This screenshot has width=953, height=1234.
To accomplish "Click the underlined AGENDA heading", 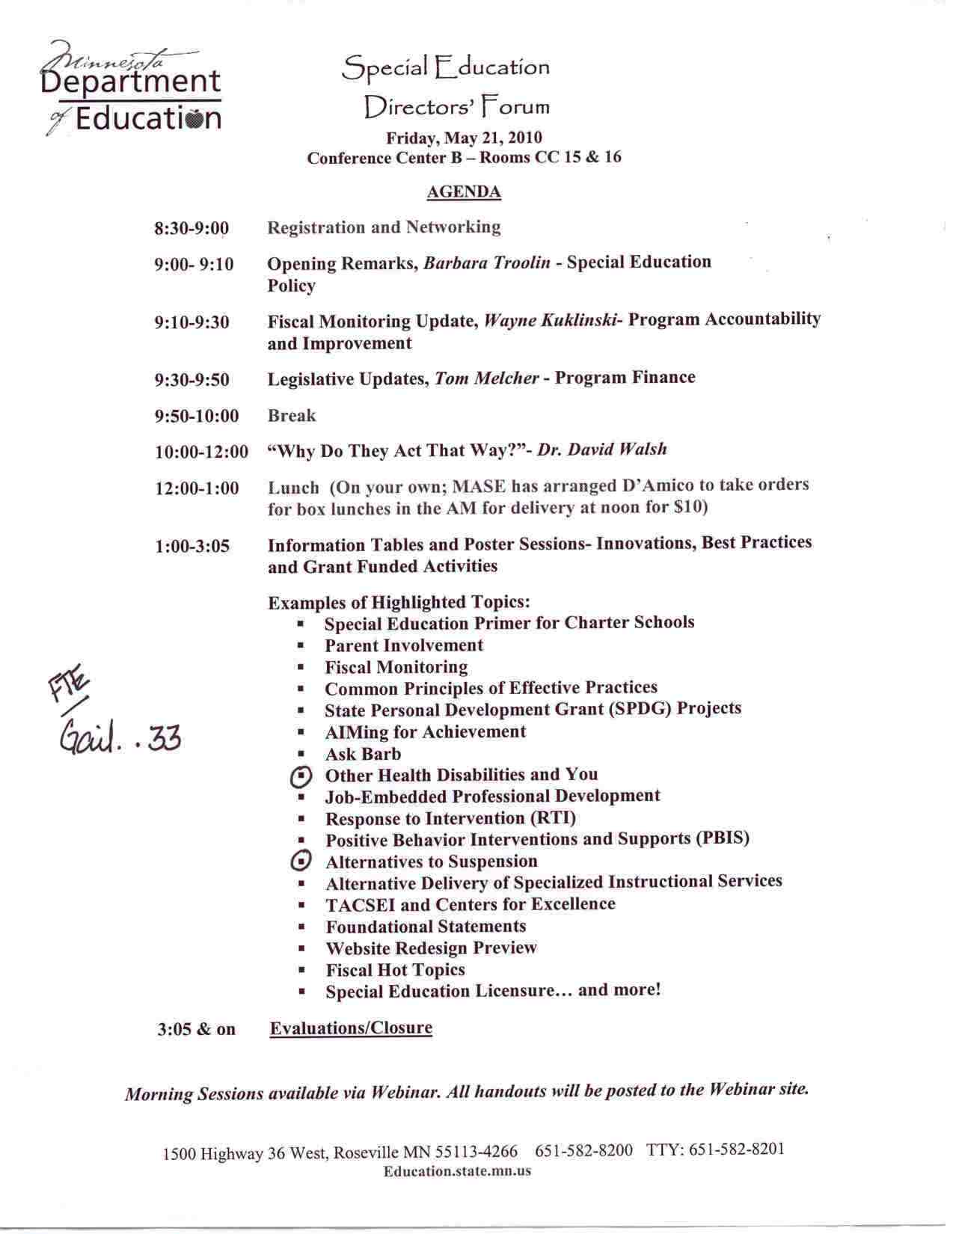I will pos(463,192).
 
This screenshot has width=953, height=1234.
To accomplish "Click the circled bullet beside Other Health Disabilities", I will pos(300,778).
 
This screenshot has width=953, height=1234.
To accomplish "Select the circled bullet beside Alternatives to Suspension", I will pos(300,862).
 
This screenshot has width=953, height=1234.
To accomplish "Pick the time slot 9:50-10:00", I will pos(197,417).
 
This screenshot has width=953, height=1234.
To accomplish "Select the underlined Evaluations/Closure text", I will pos(351,1028).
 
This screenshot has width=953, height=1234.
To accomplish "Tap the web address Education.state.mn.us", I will pos(457,1171).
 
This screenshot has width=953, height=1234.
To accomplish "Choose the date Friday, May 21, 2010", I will pos(464,138).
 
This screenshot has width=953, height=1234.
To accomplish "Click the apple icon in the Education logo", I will pos(192,120).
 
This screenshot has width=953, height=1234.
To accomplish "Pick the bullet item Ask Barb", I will pos(363,755).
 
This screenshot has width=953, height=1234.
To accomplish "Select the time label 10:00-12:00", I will pos(201,452).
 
